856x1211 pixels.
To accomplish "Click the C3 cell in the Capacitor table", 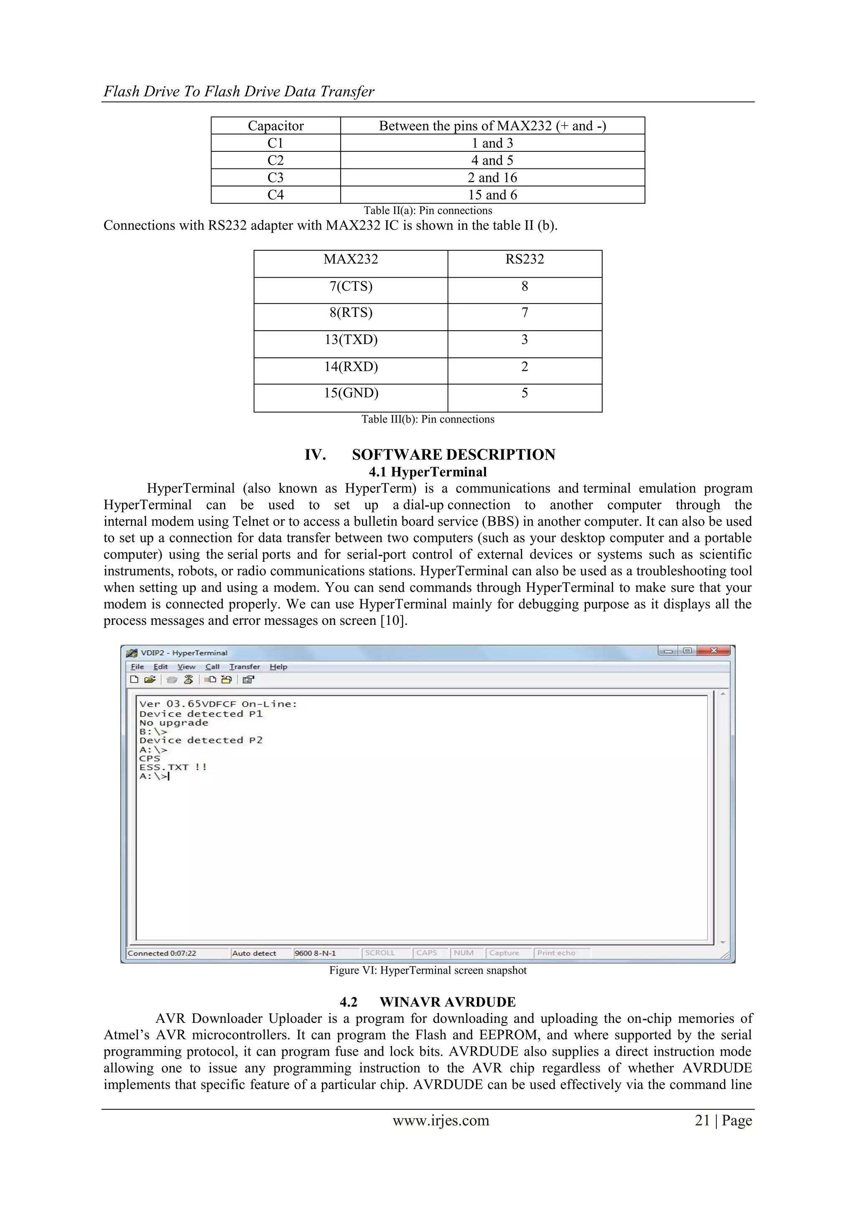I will [275, 178].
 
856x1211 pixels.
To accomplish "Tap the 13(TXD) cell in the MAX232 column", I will [351, 340].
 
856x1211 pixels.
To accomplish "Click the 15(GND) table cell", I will [351, 393].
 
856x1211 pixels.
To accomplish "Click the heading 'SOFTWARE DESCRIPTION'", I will [453, 455].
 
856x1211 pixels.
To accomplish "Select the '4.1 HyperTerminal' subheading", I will [427, 472].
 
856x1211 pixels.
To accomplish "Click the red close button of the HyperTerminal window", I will [713, 651].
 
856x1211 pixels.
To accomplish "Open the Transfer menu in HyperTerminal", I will [244, 667].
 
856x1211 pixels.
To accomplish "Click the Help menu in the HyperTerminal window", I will [278, 667].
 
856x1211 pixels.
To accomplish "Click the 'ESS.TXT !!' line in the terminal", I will [173, 767].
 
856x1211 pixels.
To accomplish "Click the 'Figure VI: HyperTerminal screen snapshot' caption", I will [428, 971].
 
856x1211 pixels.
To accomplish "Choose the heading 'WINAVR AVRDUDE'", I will [447, 1002].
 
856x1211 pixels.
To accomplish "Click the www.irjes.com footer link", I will [441, 1120].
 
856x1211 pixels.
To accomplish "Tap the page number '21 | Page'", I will [723, 1120].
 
